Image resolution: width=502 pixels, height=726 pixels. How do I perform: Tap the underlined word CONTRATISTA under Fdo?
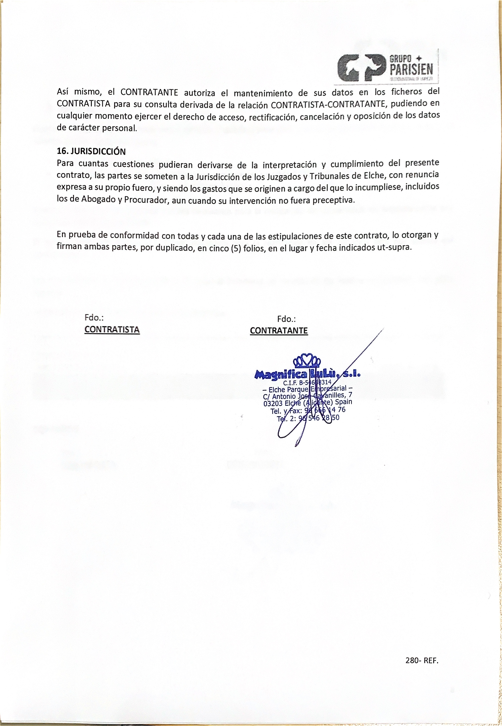pos(112,329)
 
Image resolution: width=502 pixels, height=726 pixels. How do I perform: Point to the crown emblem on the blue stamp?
pos(306,361)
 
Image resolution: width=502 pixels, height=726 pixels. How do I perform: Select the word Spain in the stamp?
pos(344,402)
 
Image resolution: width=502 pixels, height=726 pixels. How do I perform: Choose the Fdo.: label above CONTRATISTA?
pos(94,318)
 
